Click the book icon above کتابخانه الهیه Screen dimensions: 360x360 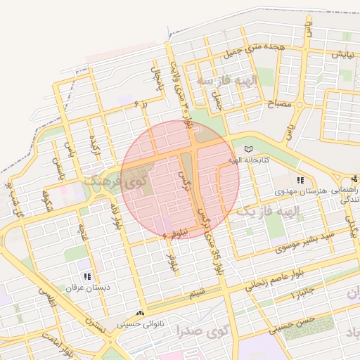click(247, 149)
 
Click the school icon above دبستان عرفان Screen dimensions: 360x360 click(88, 277)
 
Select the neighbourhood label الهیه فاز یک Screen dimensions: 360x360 click(268, 211)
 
